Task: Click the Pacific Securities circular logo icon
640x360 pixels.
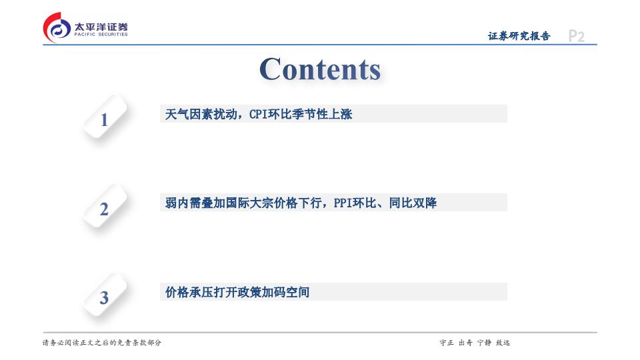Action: [57, 27]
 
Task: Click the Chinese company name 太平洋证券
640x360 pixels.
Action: [101, 27]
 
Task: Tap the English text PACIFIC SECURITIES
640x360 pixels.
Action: [101, 35]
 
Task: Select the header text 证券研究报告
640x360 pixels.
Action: [519, 36]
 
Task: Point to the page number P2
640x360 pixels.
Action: [576, 36]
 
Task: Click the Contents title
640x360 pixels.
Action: [320, 69]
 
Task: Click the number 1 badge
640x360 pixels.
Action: [105, 117]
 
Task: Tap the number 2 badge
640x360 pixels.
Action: [105, 207]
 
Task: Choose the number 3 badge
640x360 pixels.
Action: [105, 295]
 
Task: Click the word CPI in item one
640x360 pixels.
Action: [258, 114]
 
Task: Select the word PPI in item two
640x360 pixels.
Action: [343, 203]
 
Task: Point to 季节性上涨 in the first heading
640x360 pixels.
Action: [321, 114]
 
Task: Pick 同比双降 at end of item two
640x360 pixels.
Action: [413, 203]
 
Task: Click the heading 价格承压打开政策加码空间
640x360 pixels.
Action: [237, 292]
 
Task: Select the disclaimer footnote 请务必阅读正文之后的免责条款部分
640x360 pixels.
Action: [102, 343]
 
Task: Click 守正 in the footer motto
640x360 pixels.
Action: [447, 343]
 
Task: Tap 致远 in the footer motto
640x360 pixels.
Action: [503, 343]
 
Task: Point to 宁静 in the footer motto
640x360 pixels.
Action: [484, 343]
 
